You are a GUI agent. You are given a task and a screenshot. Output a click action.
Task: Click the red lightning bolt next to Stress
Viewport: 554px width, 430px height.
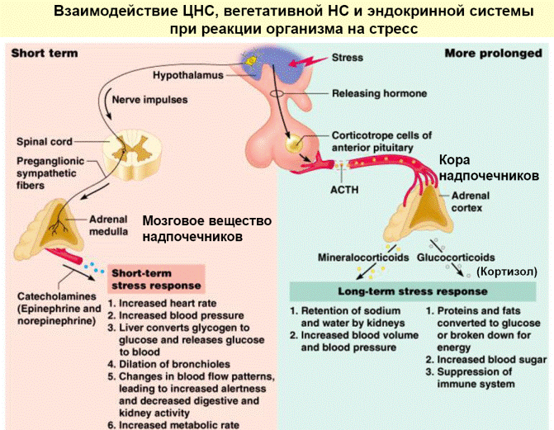pos(306,62)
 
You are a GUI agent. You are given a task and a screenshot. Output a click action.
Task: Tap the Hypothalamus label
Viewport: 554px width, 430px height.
pos(188,75)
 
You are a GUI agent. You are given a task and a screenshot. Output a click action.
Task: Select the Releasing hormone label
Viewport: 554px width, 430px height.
pos(380,93)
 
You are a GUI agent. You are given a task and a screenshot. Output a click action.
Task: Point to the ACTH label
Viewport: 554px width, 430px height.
pos(344,190)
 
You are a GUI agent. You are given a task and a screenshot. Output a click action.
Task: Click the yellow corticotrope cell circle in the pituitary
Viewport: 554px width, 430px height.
pos(294,144)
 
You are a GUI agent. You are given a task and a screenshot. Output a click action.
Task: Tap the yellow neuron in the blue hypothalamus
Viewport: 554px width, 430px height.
pos(251,61)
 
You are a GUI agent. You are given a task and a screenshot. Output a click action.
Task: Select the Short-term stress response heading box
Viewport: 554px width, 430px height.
pos(156,279)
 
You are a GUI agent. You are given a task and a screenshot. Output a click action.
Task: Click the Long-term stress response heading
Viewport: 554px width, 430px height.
pos(413,291)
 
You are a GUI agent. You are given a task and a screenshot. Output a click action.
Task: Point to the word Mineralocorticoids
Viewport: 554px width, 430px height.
pos(363,258)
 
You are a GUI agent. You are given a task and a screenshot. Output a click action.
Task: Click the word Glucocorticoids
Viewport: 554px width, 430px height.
pos(456,258)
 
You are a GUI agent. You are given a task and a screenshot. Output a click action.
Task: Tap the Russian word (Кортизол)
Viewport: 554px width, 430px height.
pos(507,272)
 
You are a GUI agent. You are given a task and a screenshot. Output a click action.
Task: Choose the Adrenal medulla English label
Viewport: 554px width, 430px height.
pos(108,225)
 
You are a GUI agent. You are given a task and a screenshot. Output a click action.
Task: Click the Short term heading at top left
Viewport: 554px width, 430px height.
pos(45,54)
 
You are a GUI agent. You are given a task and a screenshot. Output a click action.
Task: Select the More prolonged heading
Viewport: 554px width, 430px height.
pos(493,54)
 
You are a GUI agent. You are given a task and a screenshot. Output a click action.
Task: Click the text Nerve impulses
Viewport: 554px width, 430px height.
pos(149,100)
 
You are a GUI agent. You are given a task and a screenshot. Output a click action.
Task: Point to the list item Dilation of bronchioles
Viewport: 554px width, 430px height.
pos(169,364)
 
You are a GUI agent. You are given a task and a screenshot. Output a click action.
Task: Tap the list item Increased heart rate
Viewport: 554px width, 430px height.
pos(162,304)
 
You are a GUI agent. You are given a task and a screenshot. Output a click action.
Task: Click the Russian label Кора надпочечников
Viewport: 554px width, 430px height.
pos(489,168)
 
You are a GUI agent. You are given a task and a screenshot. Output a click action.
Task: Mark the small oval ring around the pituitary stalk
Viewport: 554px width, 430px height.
pos(277,93)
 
